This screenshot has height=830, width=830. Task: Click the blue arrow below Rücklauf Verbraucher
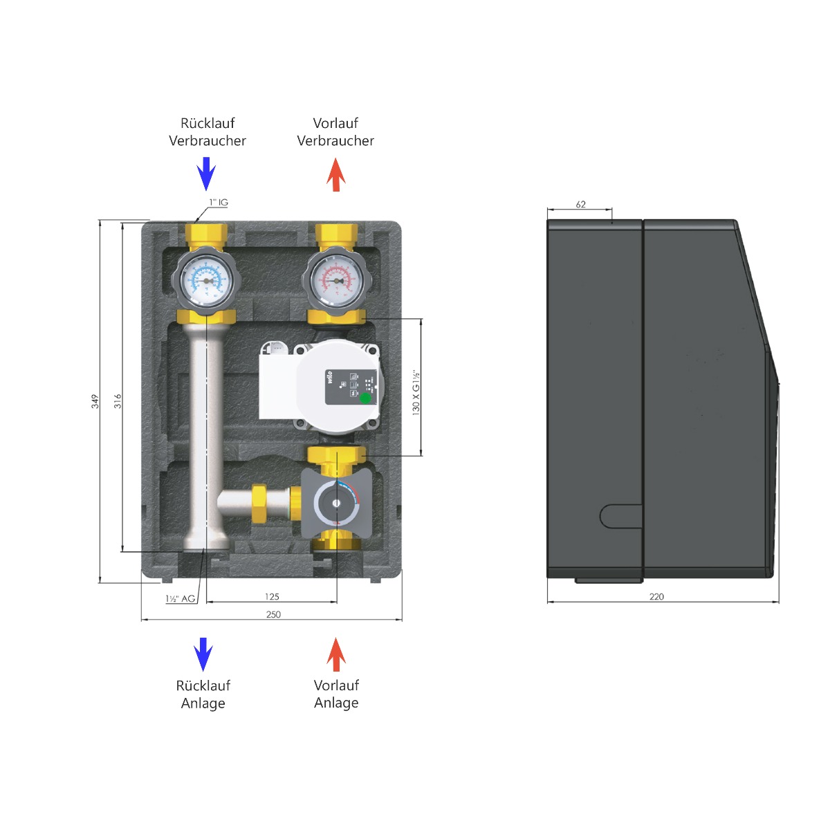tap(206, 173)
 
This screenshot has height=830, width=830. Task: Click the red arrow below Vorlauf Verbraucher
tap(335, 174)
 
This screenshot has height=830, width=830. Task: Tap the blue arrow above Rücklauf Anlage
tap(203, 654)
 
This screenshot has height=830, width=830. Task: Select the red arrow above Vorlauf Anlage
tap(335, 654)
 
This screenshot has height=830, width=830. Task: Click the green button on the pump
tap(365, 398)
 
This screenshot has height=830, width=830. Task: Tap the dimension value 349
tap(95, 401)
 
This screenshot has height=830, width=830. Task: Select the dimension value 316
tap(118, 401)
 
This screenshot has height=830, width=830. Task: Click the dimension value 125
tap(272, 596)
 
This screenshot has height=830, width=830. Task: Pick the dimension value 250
tap(273, 614)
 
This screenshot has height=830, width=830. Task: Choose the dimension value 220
tap(656, 596)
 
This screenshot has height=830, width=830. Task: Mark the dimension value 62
tap(580, 204)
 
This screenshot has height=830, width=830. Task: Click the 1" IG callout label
tap(219, 203)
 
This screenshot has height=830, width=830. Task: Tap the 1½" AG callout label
tap(180, 598)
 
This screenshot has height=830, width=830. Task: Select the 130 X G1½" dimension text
tap(416, 391)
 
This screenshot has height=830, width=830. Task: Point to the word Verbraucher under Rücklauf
tap(207, 140)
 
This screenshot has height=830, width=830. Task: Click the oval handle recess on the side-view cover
tap(620, 516)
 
